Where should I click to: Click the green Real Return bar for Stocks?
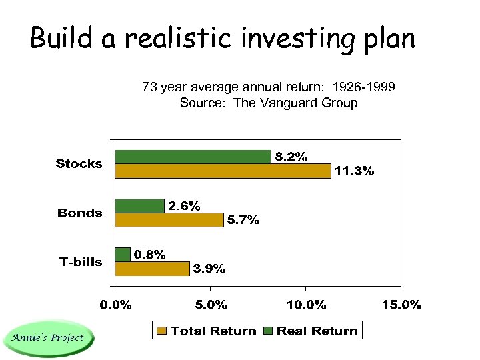[193, 157]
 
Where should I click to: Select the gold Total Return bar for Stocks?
[223, 171]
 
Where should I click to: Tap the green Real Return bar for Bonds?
[139, 205]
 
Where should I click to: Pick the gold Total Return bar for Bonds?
[169, 220]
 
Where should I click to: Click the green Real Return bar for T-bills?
[123, 255]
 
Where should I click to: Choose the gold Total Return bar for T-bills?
[152, 269]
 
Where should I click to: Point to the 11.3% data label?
[354, 171]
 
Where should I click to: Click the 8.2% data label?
[291, 157]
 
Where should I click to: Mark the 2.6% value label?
[184, 206]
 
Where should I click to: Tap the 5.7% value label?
[243, 221]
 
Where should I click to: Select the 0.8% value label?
[150, 255]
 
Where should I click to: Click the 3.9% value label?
[209, 269]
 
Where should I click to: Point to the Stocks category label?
[79, 164]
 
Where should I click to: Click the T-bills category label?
[80, 262]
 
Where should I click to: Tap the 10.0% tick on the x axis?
[306, 305]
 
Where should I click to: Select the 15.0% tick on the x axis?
[401, 305]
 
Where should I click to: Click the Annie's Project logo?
[47, 338]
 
